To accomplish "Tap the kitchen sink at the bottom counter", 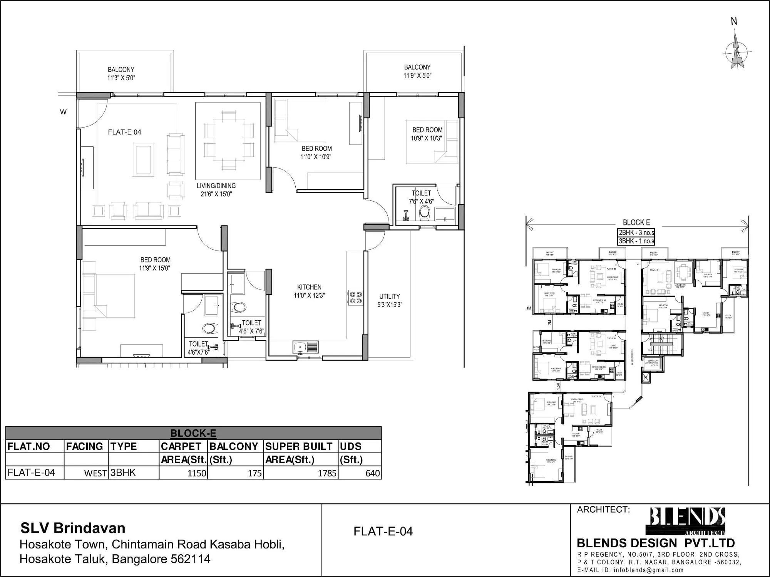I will tap(305, 347).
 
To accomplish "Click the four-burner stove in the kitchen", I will tap(355, 297).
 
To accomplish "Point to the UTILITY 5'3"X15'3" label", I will tap(390, 300).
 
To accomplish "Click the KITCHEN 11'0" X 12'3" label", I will tap(309, 291).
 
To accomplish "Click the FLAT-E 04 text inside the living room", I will tap(124, 132).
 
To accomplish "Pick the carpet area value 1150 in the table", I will tap(197, 473).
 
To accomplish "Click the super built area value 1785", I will tap(327, 473).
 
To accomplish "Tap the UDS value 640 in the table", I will tap(372, 473).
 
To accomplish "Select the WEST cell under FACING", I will tap(95, 473).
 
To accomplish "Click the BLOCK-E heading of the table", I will tap(193, 433).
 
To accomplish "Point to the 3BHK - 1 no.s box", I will tap(636, 241).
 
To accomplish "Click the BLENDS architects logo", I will tap(687, 521).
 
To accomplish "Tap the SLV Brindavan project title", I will tap(73, 528).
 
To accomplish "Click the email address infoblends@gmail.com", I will tap(649, 570).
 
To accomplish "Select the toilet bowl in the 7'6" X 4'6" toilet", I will tap(424, 212).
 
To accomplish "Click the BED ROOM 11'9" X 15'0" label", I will tap(155, 264).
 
